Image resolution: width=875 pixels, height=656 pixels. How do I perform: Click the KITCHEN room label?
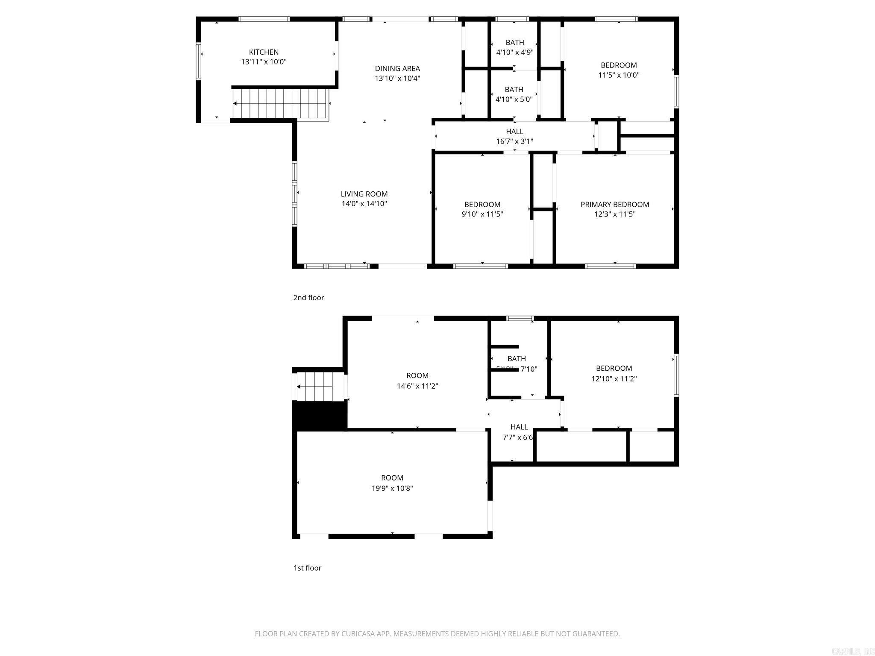[264, 52]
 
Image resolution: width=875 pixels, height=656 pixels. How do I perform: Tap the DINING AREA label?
[397, 68]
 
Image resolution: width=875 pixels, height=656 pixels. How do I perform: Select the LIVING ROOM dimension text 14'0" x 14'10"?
[364, 204]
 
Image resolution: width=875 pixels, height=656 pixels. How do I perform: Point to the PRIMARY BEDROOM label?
[614, 205]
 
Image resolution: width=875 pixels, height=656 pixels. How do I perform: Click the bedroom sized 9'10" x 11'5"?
[482, 209]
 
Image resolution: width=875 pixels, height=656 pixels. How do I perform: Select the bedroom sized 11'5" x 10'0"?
[618, 70]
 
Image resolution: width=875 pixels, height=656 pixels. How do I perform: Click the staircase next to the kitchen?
[280, 103]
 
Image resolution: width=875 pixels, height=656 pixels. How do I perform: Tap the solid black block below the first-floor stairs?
[319, 415]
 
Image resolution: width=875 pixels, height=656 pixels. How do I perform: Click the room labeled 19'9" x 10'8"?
[392, 483]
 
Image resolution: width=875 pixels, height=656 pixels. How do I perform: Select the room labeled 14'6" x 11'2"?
[417, 381]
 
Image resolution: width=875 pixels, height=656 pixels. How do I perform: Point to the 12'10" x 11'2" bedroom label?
[614, 373]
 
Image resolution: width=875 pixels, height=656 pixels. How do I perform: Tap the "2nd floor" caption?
[308, 298]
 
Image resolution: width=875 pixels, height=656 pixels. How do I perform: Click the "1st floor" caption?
[307, 568]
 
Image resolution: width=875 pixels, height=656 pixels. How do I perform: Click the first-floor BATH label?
[516, 359]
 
